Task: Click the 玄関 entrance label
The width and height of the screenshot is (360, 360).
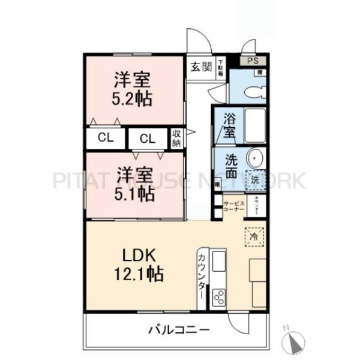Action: [200, 66]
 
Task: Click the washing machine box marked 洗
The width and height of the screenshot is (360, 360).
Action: [255, 179]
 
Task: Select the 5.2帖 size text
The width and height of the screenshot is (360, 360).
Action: [133, 98]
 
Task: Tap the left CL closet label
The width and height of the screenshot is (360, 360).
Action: [106, 138]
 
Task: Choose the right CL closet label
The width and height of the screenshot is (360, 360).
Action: [148, 139]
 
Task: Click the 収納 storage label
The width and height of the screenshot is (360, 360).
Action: [177, 139]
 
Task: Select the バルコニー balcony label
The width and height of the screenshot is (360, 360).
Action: [178, 329]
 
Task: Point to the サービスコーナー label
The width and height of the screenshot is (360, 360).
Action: [234, 207]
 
